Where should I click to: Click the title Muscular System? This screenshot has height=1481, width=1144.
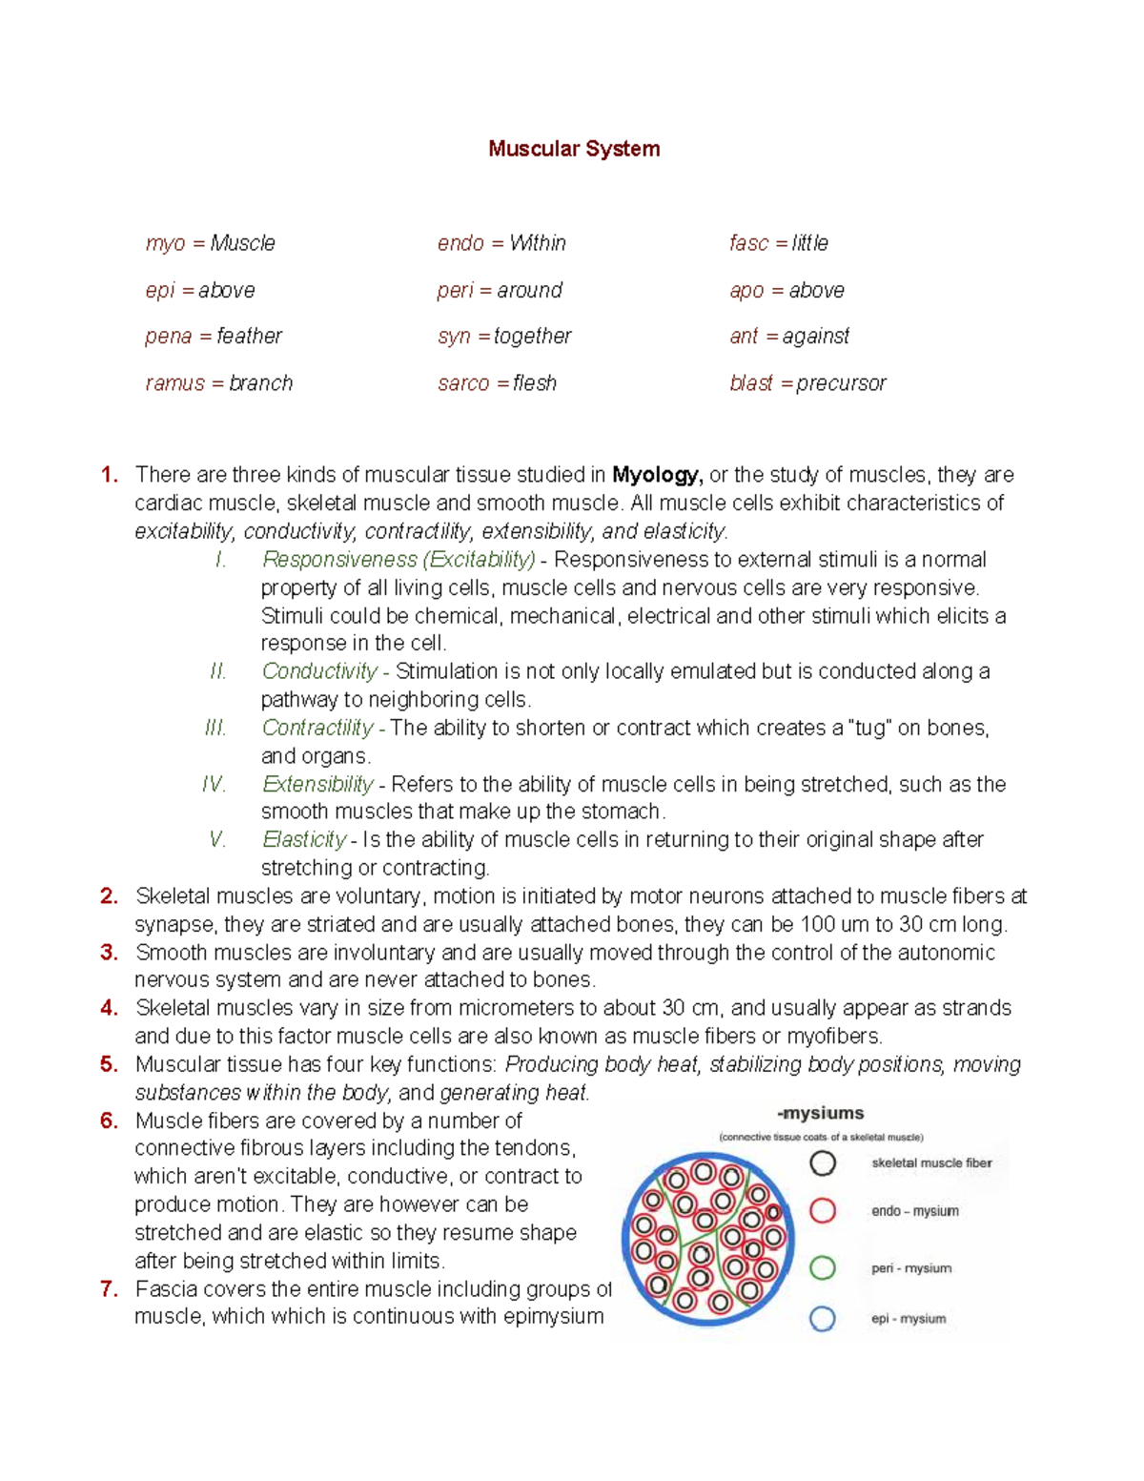point(574,149)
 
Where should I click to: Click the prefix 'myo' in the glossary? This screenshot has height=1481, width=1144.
point(165,244)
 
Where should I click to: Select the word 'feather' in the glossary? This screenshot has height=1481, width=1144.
point(249,337)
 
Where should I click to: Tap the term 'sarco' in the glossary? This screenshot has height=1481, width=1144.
point(462,383)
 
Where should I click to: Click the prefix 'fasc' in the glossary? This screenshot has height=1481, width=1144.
point(748,243)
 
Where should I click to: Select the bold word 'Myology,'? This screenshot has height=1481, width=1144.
point(657,475)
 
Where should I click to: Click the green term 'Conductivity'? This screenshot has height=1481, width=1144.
point(319,671)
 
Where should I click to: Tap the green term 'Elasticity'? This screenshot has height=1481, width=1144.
point(304,840)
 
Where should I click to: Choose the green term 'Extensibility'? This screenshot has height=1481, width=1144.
point(317,784)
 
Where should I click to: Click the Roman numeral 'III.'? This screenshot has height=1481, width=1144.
point(215,729)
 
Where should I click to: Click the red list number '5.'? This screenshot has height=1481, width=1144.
point(110,1064)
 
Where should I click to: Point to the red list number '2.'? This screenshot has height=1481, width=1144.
point(110,896)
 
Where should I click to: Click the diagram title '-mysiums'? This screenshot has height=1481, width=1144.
point(820,1113)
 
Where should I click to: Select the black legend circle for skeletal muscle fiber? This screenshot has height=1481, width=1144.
point(823,1163)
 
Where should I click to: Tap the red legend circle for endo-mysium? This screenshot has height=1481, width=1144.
point(823,1211)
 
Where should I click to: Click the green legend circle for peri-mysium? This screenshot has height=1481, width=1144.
point(823,1268)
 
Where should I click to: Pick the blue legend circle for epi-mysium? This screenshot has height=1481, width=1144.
point(823,1319)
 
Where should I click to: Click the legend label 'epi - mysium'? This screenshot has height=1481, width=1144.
point(909,1319)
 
